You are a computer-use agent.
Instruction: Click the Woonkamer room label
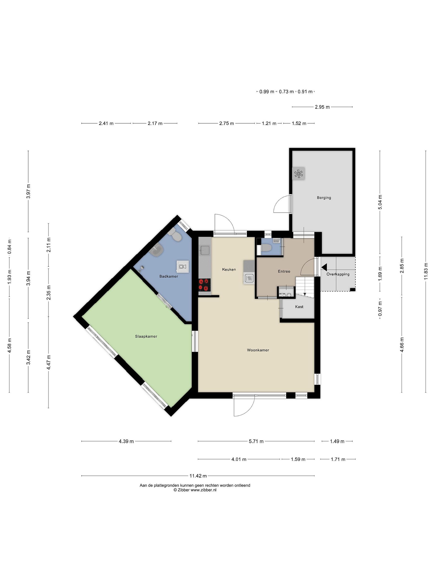tap(258, 350)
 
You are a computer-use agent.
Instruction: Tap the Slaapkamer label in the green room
tap(146, 336)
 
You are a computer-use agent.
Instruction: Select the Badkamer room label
tap(169, 276)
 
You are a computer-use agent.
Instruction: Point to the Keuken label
tap(229, 270)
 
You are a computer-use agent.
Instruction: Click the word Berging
tap(324, 198)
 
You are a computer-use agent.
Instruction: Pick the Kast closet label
tap(299, 307)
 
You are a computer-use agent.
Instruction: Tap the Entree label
tap(284, 271)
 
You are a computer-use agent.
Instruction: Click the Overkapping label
tap(338, 274)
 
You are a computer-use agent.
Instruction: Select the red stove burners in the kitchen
tap(205, 285)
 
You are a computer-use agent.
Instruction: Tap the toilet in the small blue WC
tap(266, 248)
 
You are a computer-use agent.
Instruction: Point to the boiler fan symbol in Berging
tap(298, 174)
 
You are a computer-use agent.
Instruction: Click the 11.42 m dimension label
tap(198, 476)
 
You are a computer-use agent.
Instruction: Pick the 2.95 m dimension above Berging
tap(322, 107)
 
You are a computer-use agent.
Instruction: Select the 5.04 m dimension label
tap(380, 202)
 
